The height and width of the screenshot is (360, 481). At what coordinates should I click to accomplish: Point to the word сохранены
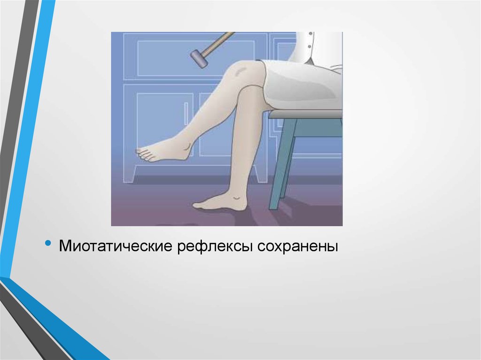point(297,245)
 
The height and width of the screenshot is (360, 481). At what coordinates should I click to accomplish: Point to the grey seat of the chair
point(305,114)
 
